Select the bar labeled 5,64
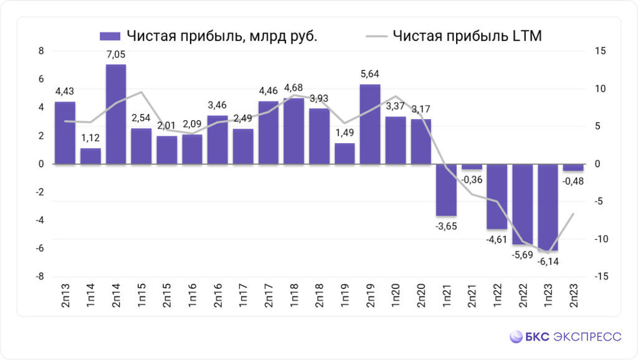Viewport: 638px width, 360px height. pos(370,124)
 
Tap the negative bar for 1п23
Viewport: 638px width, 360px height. pos(548,207)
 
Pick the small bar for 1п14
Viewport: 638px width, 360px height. pos(90,156)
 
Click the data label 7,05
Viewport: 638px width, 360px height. pos(116,55)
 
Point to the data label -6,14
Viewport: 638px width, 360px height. pos(548,260)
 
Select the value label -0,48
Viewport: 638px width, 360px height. pos(573,181)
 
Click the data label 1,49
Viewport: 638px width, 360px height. pos(345,133)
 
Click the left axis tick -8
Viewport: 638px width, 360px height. pos(39,277)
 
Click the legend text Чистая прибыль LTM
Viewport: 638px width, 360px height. pos(467,36)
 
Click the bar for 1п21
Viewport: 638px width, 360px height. pos(446,190)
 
